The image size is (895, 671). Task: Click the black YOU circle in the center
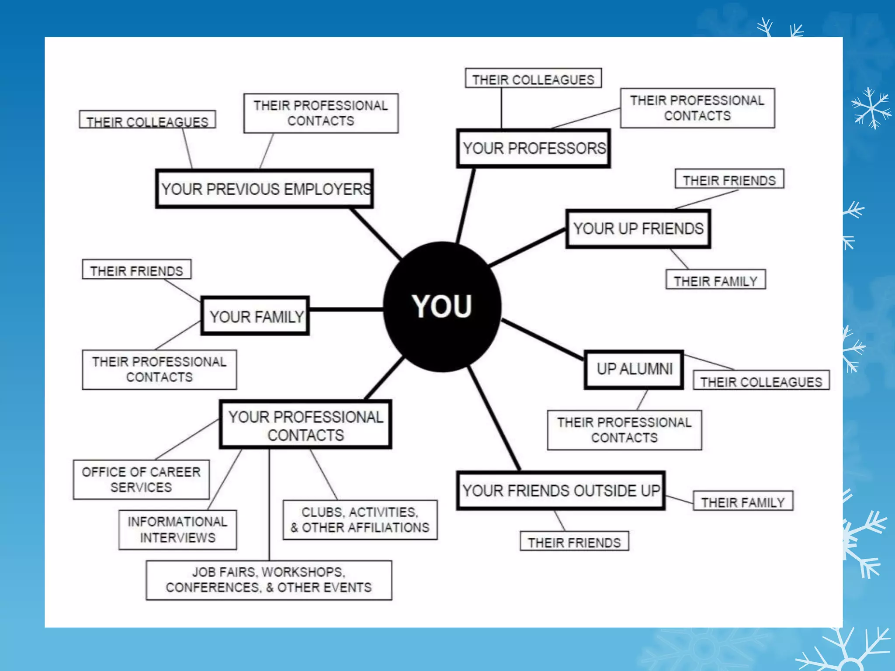pos(442,306)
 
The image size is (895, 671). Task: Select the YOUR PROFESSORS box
pos(533,148)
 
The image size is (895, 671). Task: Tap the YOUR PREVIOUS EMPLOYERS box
pos(264,189)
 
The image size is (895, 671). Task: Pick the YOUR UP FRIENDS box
pos(638,228)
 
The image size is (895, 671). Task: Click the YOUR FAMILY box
pos(255,316)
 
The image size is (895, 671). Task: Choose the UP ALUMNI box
pos(634,369)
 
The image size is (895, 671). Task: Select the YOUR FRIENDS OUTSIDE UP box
pos(561,491)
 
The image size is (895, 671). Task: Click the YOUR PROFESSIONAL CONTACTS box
pos(305,425)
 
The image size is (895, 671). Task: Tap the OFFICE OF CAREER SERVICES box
pos(141,479)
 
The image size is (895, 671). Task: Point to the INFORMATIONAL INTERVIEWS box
pos(177,529)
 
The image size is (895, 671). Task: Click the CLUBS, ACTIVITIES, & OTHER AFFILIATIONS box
pos(360,520)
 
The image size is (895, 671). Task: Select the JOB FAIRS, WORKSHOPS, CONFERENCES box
pos(269,580)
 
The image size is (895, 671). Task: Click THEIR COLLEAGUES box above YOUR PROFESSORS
pos(533,78)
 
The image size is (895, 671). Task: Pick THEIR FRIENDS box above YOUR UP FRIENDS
pos(729,179)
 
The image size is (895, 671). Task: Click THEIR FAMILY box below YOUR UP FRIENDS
pos(715,280)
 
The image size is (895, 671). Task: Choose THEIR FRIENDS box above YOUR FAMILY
pos(136,269)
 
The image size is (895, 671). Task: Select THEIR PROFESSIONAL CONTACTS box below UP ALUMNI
pos(624,430)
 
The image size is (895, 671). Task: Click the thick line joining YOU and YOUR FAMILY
pos(346,310)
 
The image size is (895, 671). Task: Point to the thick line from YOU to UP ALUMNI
pos(543,339)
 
